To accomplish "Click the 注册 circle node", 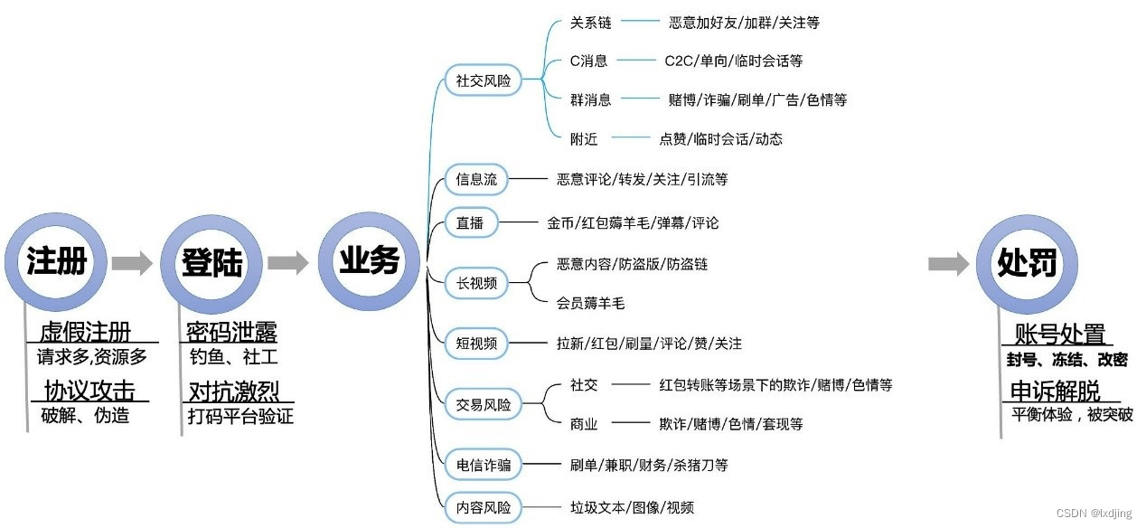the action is click(x=57, y=263).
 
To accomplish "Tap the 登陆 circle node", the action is click(x=212, y=263).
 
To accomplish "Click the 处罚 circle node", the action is click(x=1027, y=263).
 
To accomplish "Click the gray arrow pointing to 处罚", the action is click(x=949, y=263).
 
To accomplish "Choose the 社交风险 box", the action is click(x=484, y=80).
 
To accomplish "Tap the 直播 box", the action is click(x=470, y=222).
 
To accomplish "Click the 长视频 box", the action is click(x=476, y=283).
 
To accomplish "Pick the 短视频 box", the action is click(x=476, y=344).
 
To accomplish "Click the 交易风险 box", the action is click(x=484, y=404).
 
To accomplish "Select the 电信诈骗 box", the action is click(x=484, y=465).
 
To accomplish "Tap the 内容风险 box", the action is click(x=484, y=507).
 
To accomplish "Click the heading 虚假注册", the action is click(x=85, y=331).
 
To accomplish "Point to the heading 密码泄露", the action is click(x=231, y=331).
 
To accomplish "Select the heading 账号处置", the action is click(x=1060, y=334).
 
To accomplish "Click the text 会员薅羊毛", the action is click(x=591, y=304).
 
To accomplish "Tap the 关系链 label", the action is click(x=591, y=23).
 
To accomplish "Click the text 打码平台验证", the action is click(x=240, y=417).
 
